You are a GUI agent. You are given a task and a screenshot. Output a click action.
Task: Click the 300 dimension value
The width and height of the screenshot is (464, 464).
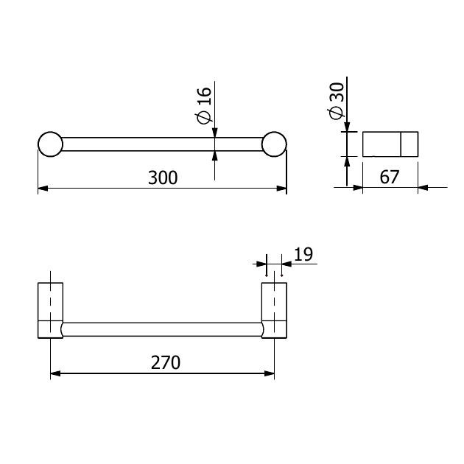coord(163,177)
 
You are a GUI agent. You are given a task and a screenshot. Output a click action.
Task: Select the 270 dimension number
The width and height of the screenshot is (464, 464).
coord(166,362)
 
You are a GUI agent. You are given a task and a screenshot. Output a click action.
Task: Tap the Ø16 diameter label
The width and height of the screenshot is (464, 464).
coord(204,105)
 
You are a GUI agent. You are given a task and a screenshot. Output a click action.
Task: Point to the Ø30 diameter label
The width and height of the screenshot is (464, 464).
coord(336,101)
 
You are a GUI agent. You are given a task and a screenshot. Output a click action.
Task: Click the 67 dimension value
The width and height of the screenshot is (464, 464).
coord(390,177)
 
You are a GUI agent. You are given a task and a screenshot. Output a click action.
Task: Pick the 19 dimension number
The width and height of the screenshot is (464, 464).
coord(303,254)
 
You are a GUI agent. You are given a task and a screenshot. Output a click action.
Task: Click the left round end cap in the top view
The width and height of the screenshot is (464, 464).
coord(50,144)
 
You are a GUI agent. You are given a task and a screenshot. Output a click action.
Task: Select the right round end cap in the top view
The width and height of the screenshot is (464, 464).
coord(274,144)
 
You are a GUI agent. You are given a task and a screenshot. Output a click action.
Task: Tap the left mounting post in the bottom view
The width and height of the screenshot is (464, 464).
coord(50,310)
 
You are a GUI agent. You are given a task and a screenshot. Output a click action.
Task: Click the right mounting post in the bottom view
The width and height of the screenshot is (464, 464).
coord(274,310)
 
